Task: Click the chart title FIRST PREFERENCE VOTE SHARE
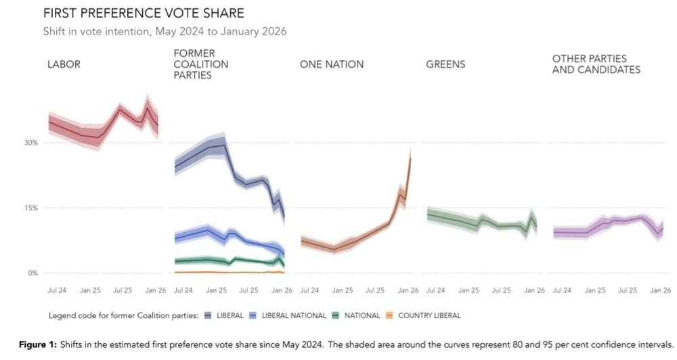pos(144,14)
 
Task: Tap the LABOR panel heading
pos(64,64)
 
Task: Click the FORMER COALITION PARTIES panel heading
pos(200,64)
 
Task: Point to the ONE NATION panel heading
pos(332,64)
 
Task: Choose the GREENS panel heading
pos(445,64)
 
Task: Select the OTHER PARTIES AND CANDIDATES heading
pos(596,64)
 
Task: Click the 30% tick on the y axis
pos(31,143)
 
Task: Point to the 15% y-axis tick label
pos(31,208)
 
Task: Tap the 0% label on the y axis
pos(32,273)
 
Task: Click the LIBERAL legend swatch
pos(208,315)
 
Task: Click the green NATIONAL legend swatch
pos(335,315)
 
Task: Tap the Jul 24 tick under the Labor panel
pos(57,290)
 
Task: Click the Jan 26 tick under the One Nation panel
pos(408,290)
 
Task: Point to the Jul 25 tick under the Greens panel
pos(501,290)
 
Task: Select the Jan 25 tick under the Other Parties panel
pos(594,290)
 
